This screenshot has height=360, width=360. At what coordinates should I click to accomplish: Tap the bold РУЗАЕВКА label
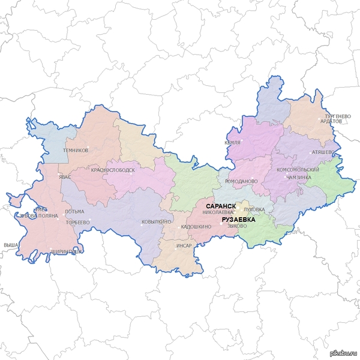click(x=238, y=220)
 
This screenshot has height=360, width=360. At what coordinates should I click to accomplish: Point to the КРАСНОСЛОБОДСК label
click(x=113, y=170)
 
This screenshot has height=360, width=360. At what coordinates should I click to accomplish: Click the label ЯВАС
click(x=65, y=177)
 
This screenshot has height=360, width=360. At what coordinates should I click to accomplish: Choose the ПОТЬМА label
click(x=75, y=211)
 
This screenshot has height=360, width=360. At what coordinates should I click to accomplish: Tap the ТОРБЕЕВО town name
click(x=77, y=222)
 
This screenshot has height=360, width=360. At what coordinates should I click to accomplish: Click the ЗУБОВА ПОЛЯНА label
click(x=38, y=215)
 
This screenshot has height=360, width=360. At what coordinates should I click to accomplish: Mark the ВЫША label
click(x=10, y=245)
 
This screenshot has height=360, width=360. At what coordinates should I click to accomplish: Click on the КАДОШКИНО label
click(x=196, y=227)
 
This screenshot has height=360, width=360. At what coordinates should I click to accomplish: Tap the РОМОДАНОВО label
click(x=241, y=181)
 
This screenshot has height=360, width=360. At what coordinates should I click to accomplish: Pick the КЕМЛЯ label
click(x=232, y=143)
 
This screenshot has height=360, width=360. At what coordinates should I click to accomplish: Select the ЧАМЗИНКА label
click(x=299, y=178)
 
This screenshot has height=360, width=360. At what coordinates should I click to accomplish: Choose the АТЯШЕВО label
click(x=323, y=152)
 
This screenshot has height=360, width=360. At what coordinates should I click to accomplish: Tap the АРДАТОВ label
click(x=331, y=121)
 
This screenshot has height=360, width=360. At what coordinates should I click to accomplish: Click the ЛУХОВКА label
click(x=254, y=209)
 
